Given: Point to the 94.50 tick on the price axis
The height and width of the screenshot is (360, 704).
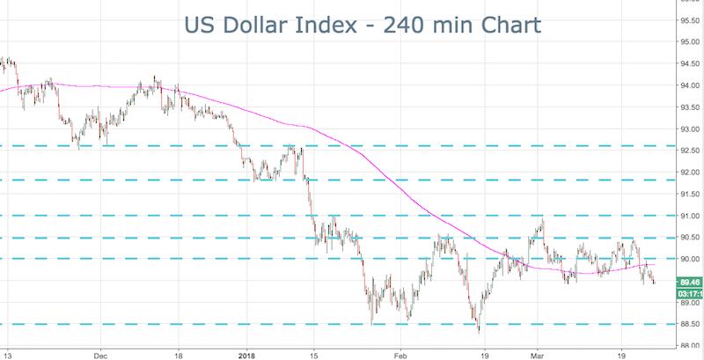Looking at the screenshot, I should [x=689, y=63].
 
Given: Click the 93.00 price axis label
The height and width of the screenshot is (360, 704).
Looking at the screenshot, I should [x=689, y=129].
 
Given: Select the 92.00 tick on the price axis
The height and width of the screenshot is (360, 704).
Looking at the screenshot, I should [x=689, y=173].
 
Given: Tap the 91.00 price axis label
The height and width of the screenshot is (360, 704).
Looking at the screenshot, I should [x=689, y=216].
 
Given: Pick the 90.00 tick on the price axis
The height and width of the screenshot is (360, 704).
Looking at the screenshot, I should [x=689, y=259].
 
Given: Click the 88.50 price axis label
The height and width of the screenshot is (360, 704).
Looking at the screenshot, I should [x=689, y=324].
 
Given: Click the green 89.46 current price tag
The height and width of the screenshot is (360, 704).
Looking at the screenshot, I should [x=689, y=283].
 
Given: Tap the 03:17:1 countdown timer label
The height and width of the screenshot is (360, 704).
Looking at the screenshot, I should [x=689, y=294].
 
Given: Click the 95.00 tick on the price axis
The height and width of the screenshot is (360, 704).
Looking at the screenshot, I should [x=689, y=41].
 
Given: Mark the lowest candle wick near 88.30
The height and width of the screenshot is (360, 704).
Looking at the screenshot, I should [x=479, y=331].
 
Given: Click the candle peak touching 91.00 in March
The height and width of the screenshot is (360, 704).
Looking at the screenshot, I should [x=542, y=217].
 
